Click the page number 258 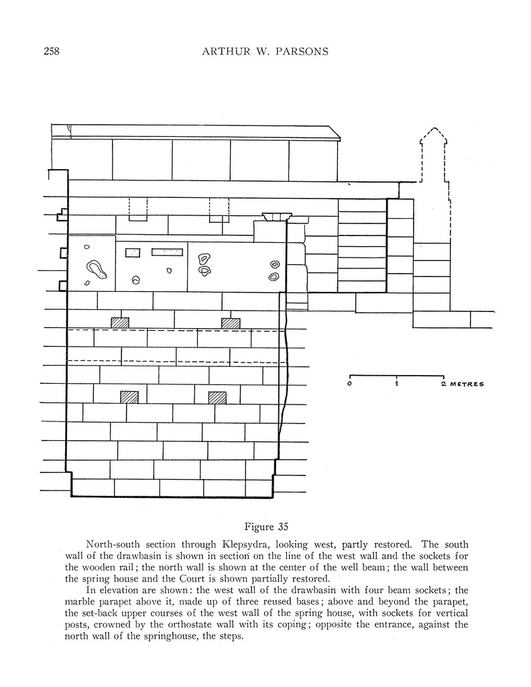(51, 52)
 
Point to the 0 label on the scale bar (350, 384)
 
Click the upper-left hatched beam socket (119, 323)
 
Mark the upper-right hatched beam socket (231, 323)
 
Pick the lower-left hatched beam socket (129, 397)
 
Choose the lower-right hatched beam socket (217, 397)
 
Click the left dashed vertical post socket (137, 209)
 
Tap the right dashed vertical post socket (219, 209)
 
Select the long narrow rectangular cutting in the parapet (167, 252)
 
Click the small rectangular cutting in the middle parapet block (133, 253)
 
